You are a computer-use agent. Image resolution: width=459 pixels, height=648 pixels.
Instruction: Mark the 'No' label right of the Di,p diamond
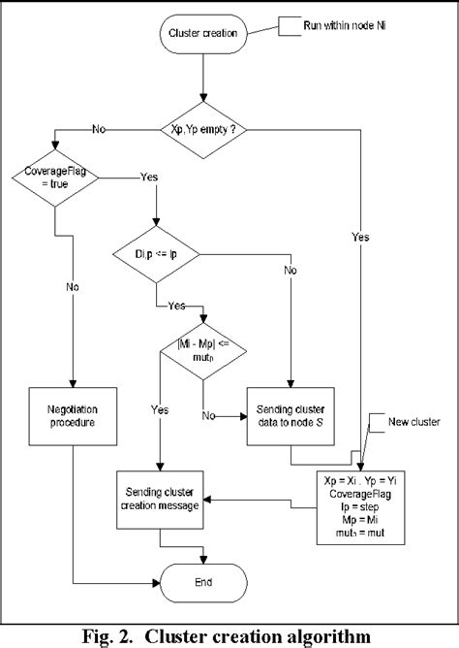click(x=290, y=272)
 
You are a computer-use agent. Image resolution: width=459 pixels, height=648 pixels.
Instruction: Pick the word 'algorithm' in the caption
click(x=309, y=635)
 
